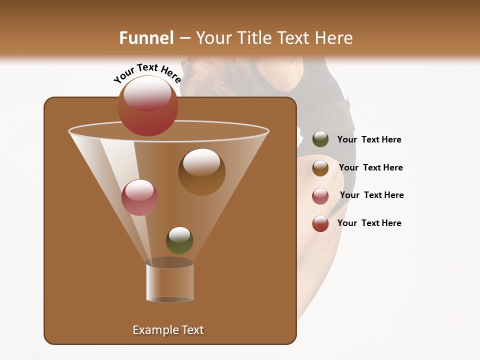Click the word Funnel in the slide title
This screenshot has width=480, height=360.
(x=146, y=38)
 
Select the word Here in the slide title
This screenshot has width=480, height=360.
(x=332, y=38)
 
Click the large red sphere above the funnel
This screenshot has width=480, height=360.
(x=148, y=106)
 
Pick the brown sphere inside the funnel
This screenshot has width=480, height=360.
(x=201, y=172)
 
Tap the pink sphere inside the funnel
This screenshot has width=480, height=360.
(x=139, y=197)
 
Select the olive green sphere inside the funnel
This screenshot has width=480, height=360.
(x=179, y=240)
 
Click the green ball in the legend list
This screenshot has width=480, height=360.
(x=320, y=139)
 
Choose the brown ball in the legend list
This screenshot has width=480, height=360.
(x=320, y=167)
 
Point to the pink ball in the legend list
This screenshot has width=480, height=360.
(x=320, y=195)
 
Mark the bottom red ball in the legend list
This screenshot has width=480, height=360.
(x=320, y=223)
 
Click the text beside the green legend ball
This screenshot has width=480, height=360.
(x=369, y=140)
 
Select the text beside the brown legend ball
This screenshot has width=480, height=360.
(x=370, y=168)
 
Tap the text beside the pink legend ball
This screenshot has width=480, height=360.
(x=371, y=195)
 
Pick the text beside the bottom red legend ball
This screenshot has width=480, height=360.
(x=369, y=223)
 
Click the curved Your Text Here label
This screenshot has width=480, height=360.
(x=147, y=73)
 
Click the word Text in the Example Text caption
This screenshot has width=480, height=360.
(x=192, y=330)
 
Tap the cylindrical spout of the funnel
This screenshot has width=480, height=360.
(x=170, y=282)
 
